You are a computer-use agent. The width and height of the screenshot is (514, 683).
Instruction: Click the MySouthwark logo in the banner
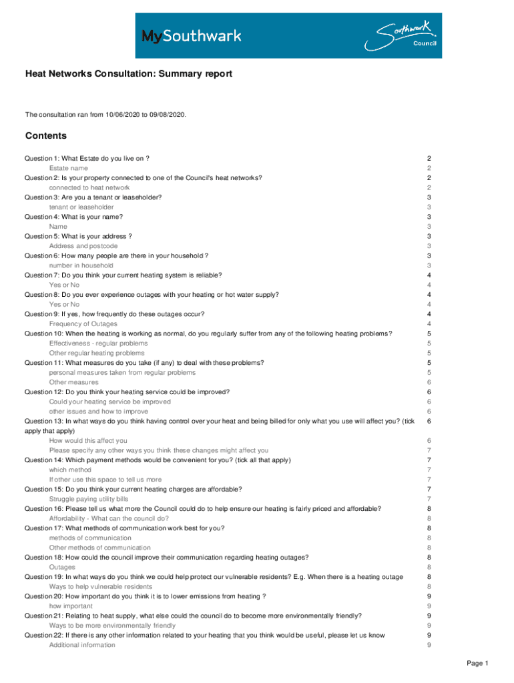coord(191,35)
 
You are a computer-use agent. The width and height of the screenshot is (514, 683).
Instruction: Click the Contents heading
coord(46,136)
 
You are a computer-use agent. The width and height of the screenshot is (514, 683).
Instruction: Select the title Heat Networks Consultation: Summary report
coord(129,74)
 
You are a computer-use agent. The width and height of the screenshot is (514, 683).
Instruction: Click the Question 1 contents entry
coord(87,158)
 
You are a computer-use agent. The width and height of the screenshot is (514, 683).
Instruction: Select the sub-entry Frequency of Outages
coord(83,323)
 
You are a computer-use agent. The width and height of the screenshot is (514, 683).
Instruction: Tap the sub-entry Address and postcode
coord(83,245)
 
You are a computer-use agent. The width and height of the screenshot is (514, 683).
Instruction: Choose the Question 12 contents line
coord(127,392)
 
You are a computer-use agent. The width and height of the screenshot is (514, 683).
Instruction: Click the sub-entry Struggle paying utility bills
coord(89,498)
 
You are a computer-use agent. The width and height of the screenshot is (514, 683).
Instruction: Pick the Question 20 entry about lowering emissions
coord(146,596)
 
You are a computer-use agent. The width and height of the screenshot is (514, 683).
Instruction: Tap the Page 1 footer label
coord(478,663)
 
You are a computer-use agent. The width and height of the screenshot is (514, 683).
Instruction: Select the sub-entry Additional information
coord(82,645)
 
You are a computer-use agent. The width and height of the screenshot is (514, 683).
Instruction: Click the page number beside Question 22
coord(429,635)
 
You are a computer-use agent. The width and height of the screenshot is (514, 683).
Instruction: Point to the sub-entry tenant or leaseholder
coord(81,207)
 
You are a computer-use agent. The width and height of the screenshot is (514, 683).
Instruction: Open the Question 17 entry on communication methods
coord(124,528)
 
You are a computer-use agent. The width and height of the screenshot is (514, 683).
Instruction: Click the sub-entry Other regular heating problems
coord(96,353)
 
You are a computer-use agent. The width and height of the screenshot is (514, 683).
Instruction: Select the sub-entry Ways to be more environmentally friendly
coord(112,626)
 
